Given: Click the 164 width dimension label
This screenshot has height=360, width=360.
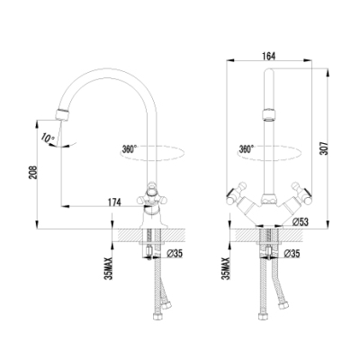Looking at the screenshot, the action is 269,56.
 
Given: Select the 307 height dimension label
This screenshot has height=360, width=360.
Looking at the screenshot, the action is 324,148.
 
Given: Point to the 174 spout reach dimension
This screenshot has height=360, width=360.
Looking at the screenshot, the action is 113,202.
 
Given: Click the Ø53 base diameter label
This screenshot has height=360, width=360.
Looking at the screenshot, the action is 300,221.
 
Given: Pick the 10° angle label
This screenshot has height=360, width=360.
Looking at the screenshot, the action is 48,139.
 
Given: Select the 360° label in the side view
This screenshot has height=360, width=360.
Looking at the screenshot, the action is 130,148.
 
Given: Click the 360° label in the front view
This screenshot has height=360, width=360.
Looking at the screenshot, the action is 247,148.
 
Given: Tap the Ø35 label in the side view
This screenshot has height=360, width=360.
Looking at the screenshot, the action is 174,254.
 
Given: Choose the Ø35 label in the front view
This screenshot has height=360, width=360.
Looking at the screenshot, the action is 292,254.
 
